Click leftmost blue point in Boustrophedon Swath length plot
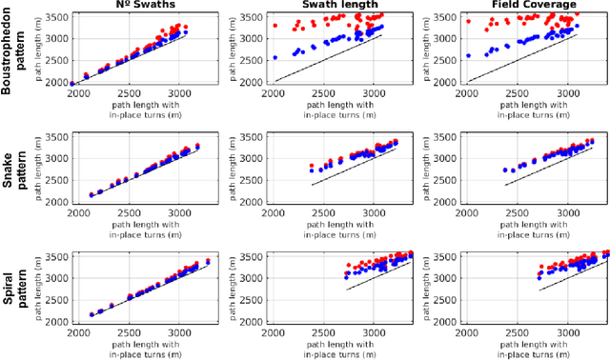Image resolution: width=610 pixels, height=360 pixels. [x=275, y=57]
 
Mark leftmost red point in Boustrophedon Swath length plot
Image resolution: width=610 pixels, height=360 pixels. [x=275, y=26]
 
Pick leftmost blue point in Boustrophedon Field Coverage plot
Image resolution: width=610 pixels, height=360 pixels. [x=468, y=55]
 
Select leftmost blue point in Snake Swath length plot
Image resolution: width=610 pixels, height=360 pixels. [x=312, y=170]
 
